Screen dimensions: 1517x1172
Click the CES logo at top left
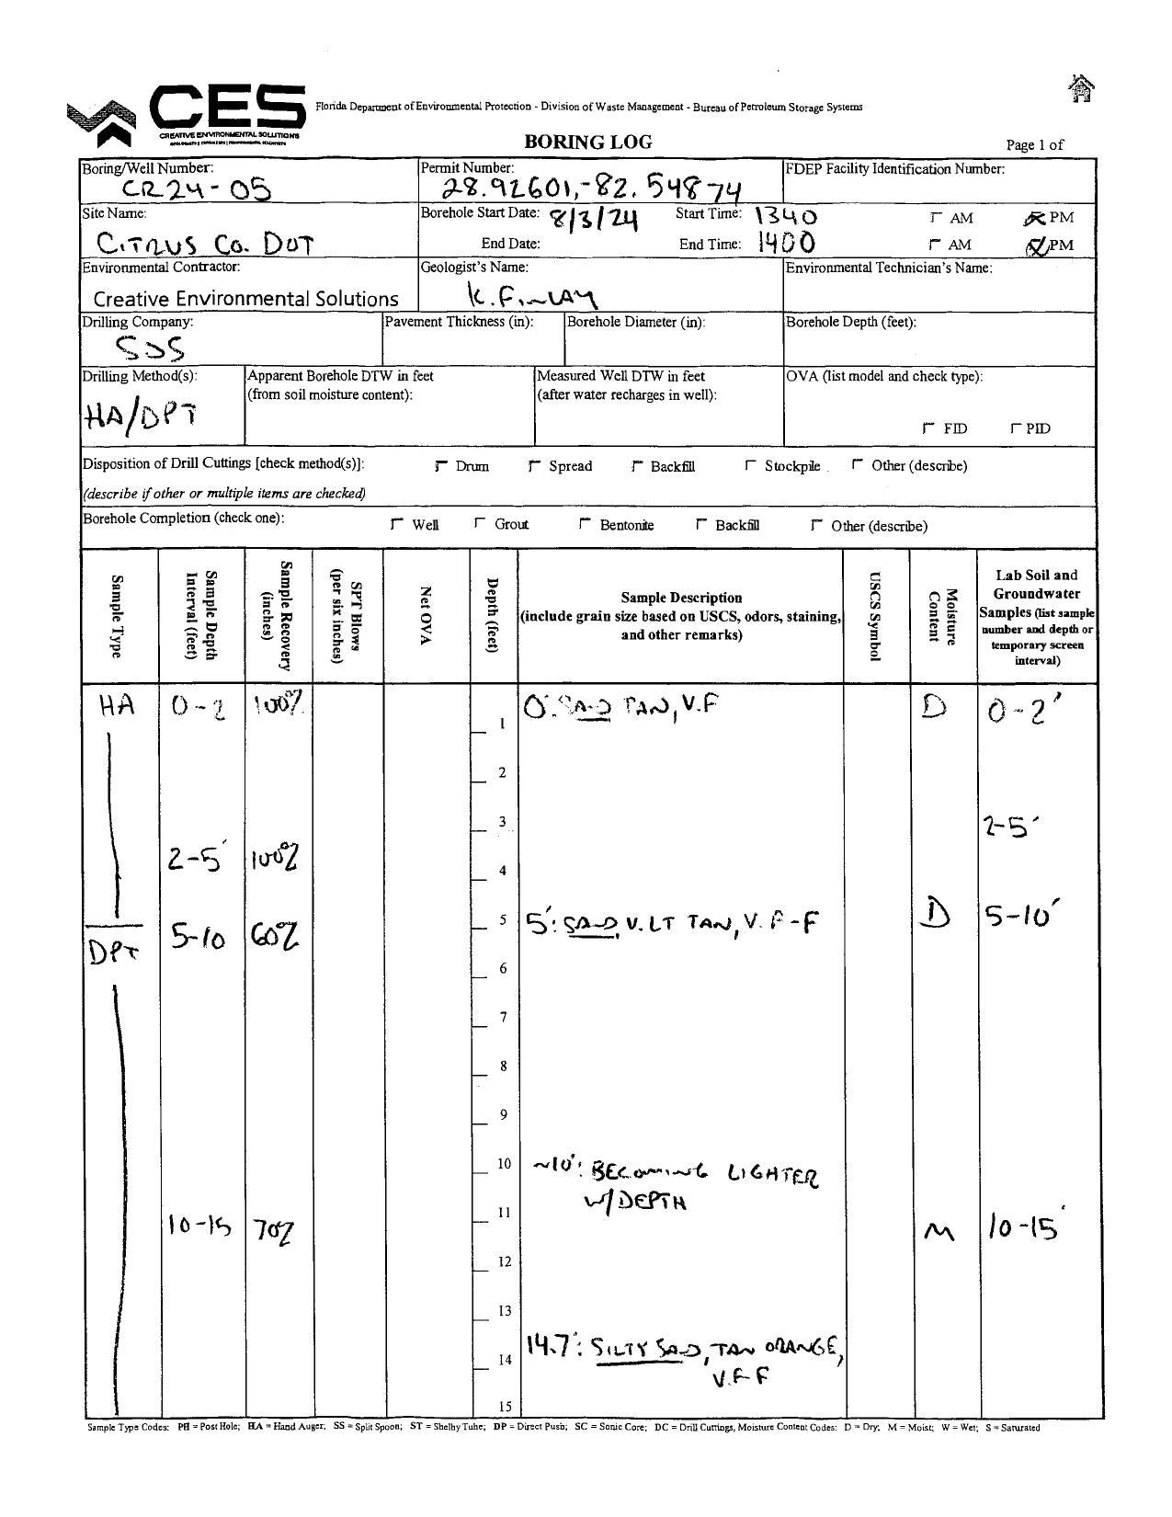pos(188,115)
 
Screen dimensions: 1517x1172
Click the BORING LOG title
pos(587,142)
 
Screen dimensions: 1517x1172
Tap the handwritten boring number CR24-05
pos(198,189)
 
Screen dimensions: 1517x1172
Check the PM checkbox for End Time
pos(1036,245)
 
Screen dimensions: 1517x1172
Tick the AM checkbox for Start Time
pos(936,218)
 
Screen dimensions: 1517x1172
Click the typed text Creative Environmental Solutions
pos(246,299)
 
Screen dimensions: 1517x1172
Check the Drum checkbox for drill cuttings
pos(442,466)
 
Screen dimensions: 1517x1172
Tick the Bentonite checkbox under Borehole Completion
pos(586,524)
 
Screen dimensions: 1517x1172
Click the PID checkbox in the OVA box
pos(1016,428)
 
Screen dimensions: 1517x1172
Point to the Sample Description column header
pos(681,616)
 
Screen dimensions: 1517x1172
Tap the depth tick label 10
pos(504,1164)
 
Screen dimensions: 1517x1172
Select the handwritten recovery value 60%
pos(274,938)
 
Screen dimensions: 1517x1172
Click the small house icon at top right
pos(1082,89)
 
